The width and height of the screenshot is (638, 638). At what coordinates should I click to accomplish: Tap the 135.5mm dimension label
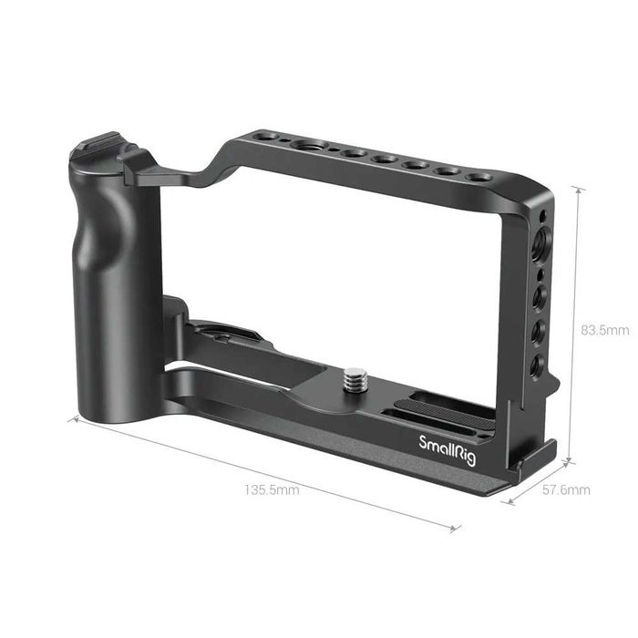click(x=272, y=489)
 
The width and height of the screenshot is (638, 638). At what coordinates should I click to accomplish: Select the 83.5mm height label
click(x=605, y=329)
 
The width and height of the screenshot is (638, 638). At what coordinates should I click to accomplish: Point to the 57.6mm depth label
click(x=566, y=489)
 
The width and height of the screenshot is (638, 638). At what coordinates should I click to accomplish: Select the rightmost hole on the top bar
click(x=479, y=176)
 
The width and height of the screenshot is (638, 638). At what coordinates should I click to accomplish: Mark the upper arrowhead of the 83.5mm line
click(x=577, y=188)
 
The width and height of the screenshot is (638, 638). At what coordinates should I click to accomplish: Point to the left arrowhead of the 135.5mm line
click(x=71, y=418)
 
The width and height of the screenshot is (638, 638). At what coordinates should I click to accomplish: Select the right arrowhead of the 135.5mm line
click(x=458, y=527)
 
